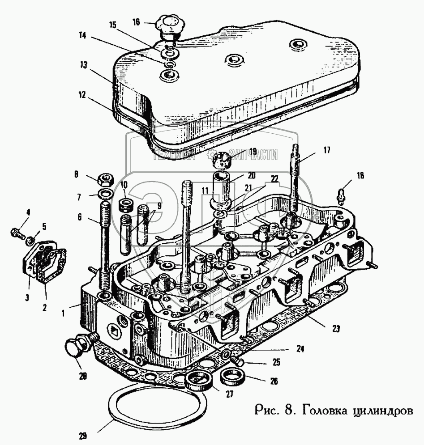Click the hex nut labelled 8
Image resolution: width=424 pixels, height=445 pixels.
[106, 180]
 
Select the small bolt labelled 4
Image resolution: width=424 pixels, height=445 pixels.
[17, 233]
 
